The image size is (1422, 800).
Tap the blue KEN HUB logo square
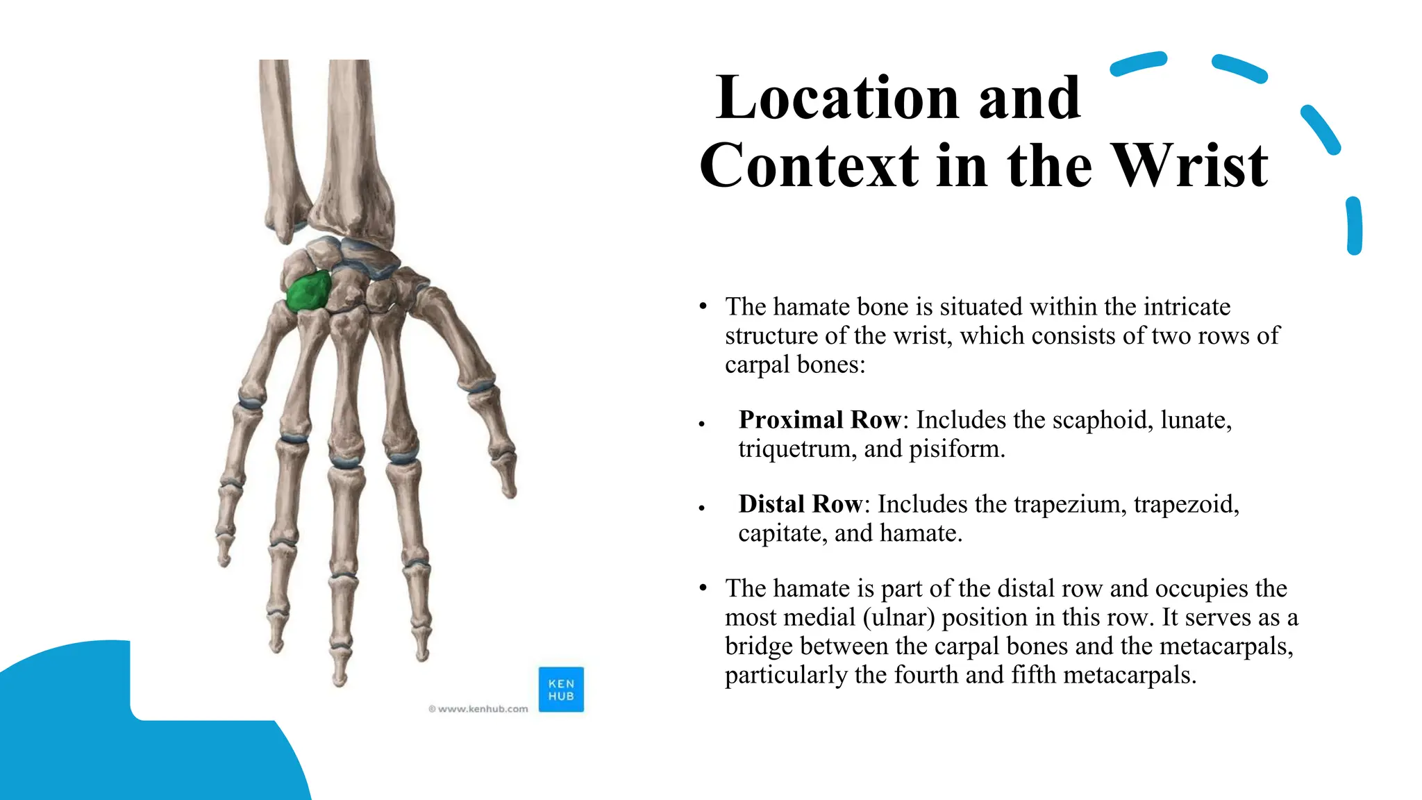561,690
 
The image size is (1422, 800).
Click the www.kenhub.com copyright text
478,709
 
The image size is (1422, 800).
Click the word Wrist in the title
1190,166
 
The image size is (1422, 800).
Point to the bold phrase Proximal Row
819,420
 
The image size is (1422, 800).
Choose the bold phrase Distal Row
800,504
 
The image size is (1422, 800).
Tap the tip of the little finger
224,561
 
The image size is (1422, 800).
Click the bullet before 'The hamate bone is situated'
703,306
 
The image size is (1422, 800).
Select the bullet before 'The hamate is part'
703,588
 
